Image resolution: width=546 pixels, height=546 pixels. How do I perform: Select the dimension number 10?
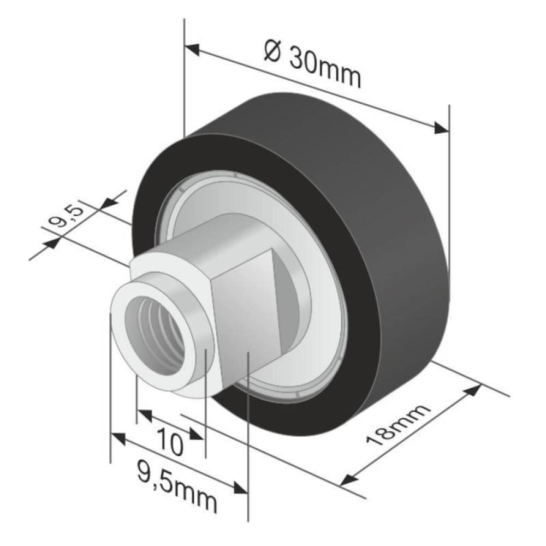(170, 443)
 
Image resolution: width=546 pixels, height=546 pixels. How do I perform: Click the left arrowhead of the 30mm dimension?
(192, 49)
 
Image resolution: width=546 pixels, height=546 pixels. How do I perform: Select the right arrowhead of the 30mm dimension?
(441, 128)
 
